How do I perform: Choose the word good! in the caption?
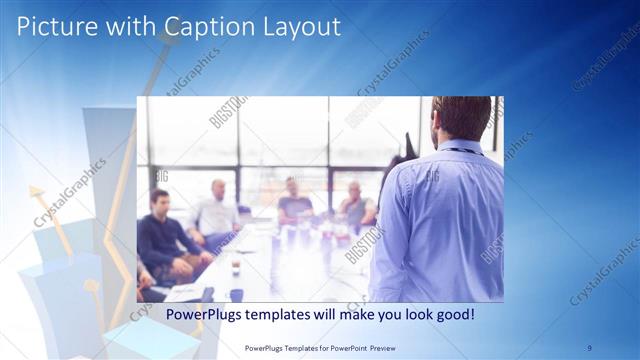click(452, 315)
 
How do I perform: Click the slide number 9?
click(590, 348)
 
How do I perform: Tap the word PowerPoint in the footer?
click(338, 348)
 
